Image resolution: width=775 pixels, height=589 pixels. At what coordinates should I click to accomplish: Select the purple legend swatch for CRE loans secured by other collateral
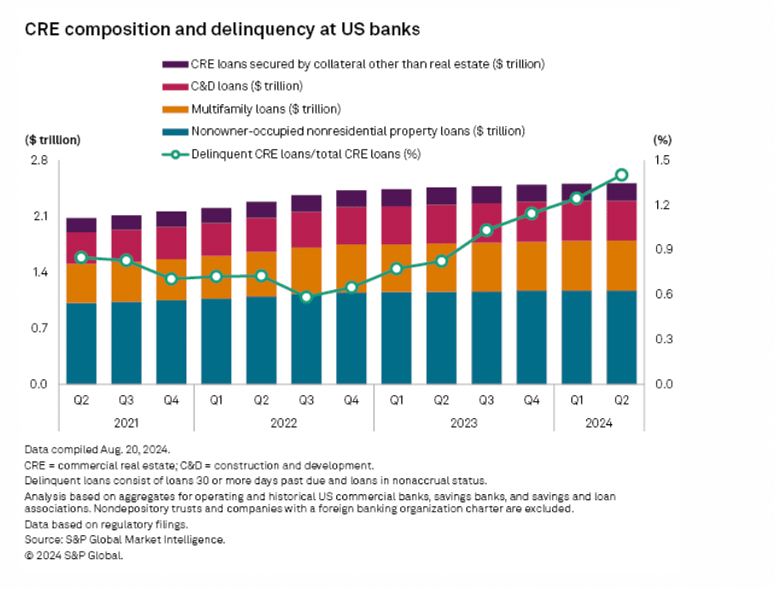point(174,64)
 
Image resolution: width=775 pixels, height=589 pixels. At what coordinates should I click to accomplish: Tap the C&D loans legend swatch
point(174,86)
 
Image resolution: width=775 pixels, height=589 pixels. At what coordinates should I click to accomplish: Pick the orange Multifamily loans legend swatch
point(174,109)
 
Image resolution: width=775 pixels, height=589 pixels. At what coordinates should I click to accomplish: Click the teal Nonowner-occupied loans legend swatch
point(174,131)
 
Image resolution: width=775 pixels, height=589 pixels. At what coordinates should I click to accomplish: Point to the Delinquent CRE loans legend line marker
point(174,155)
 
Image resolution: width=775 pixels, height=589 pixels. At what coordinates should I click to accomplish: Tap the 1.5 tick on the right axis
point(662,160)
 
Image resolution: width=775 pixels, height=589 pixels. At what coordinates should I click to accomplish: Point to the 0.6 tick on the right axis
point(662,294)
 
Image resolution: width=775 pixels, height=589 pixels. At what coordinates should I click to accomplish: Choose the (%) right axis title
point(662,139)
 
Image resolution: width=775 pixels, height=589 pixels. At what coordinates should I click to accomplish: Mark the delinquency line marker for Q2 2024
point(622,175)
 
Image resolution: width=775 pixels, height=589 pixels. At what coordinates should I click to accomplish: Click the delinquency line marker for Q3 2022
point(306,297)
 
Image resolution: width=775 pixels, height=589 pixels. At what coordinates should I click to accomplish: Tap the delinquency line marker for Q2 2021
point(81,257)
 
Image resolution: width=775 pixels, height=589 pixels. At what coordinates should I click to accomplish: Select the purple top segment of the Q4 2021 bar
point(172,219)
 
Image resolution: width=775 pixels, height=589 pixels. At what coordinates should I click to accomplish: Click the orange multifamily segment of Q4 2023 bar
point(532,266)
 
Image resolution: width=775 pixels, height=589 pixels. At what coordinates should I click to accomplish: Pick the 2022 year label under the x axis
point(284,422)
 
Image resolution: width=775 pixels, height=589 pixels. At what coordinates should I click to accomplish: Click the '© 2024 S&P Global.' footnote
point(74,556)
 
